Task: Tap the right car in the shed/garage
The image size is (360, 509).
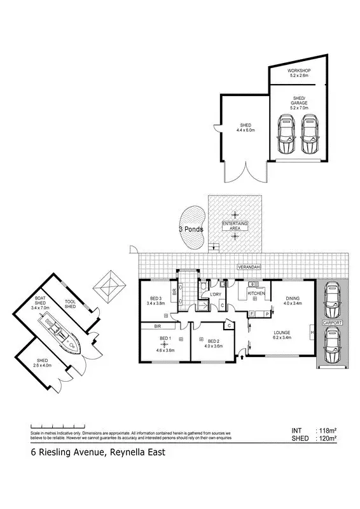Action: click(310, 135)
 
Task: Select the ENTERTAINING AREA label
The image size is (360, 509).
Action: click(235, 226)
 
